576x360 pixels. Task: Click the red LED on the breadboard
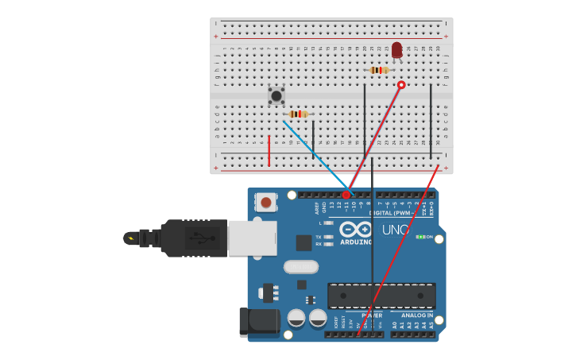[396, 51]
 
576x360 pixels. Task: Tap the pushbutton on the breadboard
[276, 95]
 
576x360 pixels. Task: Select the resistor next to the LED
[379, 70]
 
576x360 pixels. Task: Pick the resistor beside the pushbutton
[298, 114]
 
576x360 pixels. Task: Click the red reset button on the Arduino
[266, 203]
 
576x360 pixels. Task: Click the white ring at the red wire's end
[401, 85]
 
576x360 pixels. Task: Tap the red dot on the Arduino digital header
[346, 195]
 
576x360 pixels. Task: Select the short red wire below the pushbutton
[269, 150]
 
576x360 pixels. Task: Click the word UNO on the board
[395, 230]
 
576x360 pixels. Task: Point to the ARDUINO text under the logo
[356, 242]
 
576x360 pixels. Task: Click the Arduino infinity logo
[356, 229]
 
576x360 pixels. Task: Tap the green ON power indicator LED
[420, 237]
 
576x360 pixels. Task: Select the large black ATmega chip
[381, 296]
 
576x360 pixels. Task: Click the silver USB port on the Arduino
[252, 238]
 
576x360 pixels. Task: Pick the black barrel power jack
[259, 322]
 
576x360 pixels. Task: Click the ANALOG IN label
[416, 315]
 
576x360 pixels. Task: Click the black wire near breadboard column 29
[431, 119]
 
